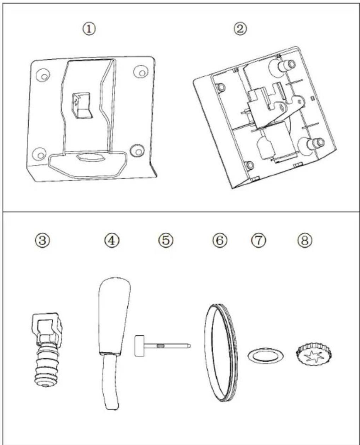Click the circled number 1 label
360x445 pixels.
coord(89,29)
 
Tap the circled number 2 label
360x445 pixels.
coord(240,29)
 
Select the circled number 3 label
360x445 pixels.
coord(42,240)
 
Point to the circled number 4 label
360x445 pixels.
coord(112,240)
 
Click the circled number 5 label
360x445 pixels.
coord(166,240)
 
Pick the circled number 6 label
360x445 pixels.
coord(220,240)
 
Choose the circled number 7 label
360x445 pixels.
coord(259,240)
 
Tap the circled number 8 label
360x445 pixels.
coord(304,240)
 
